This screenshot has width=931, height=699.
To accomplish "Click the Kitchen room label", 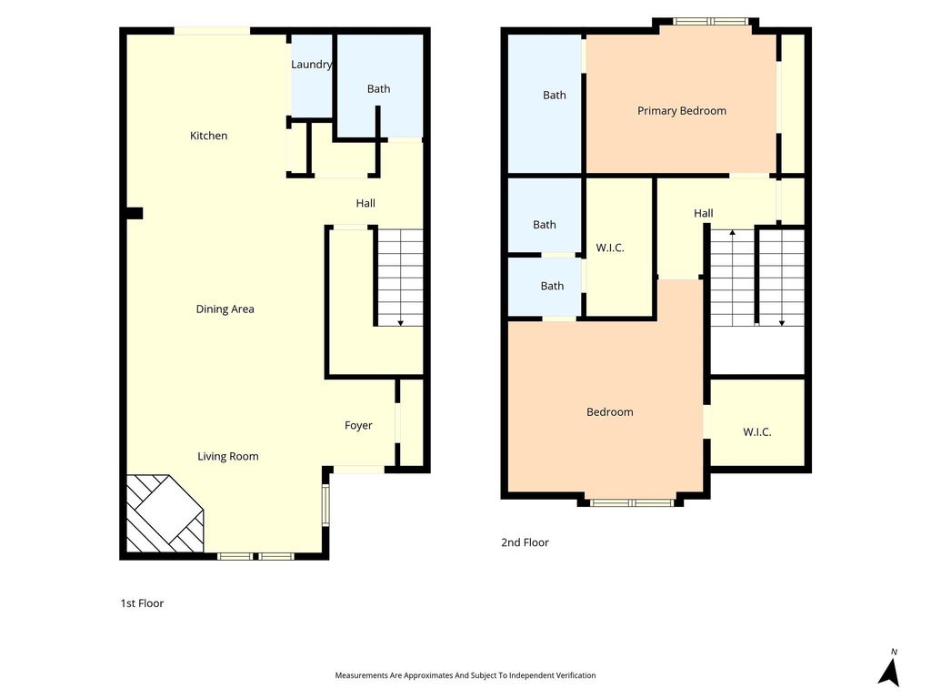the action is tap(208, 136).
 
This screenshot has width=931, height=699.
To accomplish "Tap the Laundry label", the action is tap(311, 65).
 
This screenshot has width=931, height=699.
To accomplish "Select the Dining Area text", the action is tap(225, 309).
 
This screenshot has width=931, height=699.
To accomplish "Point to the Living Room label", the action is tap(228, 457).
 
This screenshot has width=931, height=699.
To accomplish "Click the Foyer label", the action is tap(358, 426).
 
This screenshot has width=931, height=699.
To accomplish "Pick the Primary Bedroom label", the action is tap(682, 110).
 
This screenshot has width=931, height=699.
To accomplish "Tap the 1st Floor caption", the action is tap(142, 603).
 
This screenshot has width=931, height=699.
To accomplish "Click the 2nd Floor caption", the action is tap(525, 542).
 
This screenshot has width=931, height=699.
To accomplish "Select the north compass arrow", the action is tap(889, 673).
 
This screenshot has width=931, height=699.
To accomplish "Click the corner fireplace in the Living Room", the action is tap(165, 513).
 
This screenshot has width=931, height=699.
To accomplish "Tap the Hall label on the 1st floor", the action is tap(365, 203).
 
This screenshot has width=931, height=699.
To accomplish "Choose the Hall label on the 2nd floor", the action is tap(704, 213).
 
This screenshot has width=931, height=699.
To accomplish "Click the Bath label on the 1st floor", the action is tap(379, 88).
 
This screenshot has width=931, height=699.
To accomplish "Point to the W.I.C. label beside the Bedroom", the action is tap(757, 432).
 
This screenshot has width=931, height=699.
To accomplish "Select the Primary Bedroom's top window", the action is tap(711, 22).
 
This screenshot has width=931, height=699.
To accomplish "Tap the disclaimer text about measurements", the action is tap(465, 675).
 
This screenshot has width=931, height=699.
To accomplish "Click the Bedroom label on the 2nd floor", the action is tap(610, 412).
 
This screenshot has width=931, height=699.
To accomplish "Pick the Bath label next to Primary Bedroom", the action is tap(555, 95).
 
